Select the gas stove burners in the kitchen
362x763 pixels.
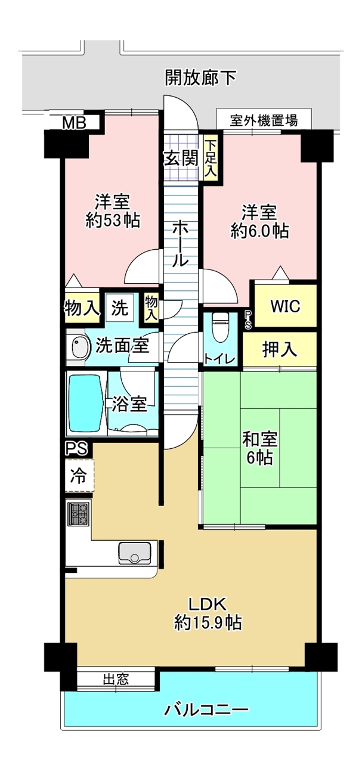[79, 514]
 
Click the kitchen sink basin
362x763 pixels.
[135, 552]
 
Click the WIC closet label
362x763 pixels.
[285, 306]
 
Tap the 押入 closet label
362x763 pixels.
[280, 349]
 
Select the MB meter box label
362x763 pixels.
[75, 123]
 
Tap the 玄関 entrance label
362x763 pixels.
[181, 158]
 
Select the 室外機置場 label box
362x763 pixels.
[264, 120]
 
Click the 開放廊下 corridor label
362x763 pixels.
[200, 77]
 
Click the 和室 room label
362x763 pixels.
[260, 440]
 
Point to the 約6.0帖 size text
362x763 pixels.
[260, 231]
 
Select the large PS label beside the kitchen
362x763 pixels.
[76, 448]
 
